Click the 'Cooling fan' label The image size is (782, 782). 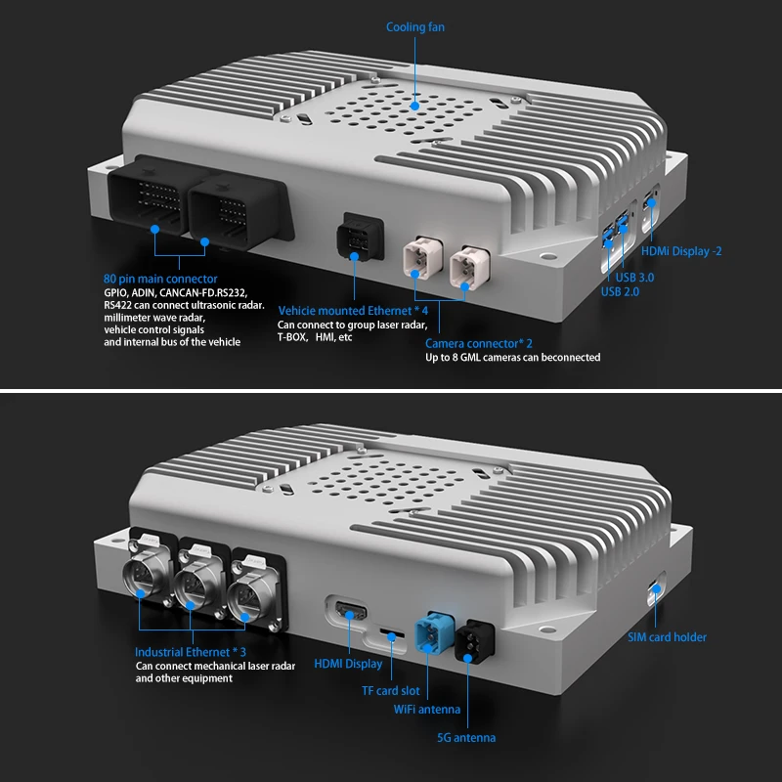(x=414, y=27)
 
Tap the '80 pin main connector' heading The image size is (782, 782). (x=160, y=280)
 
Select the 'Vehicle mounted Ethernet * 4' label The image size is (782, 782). (x=353, y=311)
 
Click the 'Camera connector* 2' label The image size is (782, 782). (x=479, y=343)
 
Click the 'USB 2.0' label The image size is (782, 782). (x=621, y=291)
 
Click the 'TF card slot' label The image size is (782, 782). (x=390, y=690)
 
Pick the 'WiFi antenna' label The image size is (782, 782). (x=427, y=710)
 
